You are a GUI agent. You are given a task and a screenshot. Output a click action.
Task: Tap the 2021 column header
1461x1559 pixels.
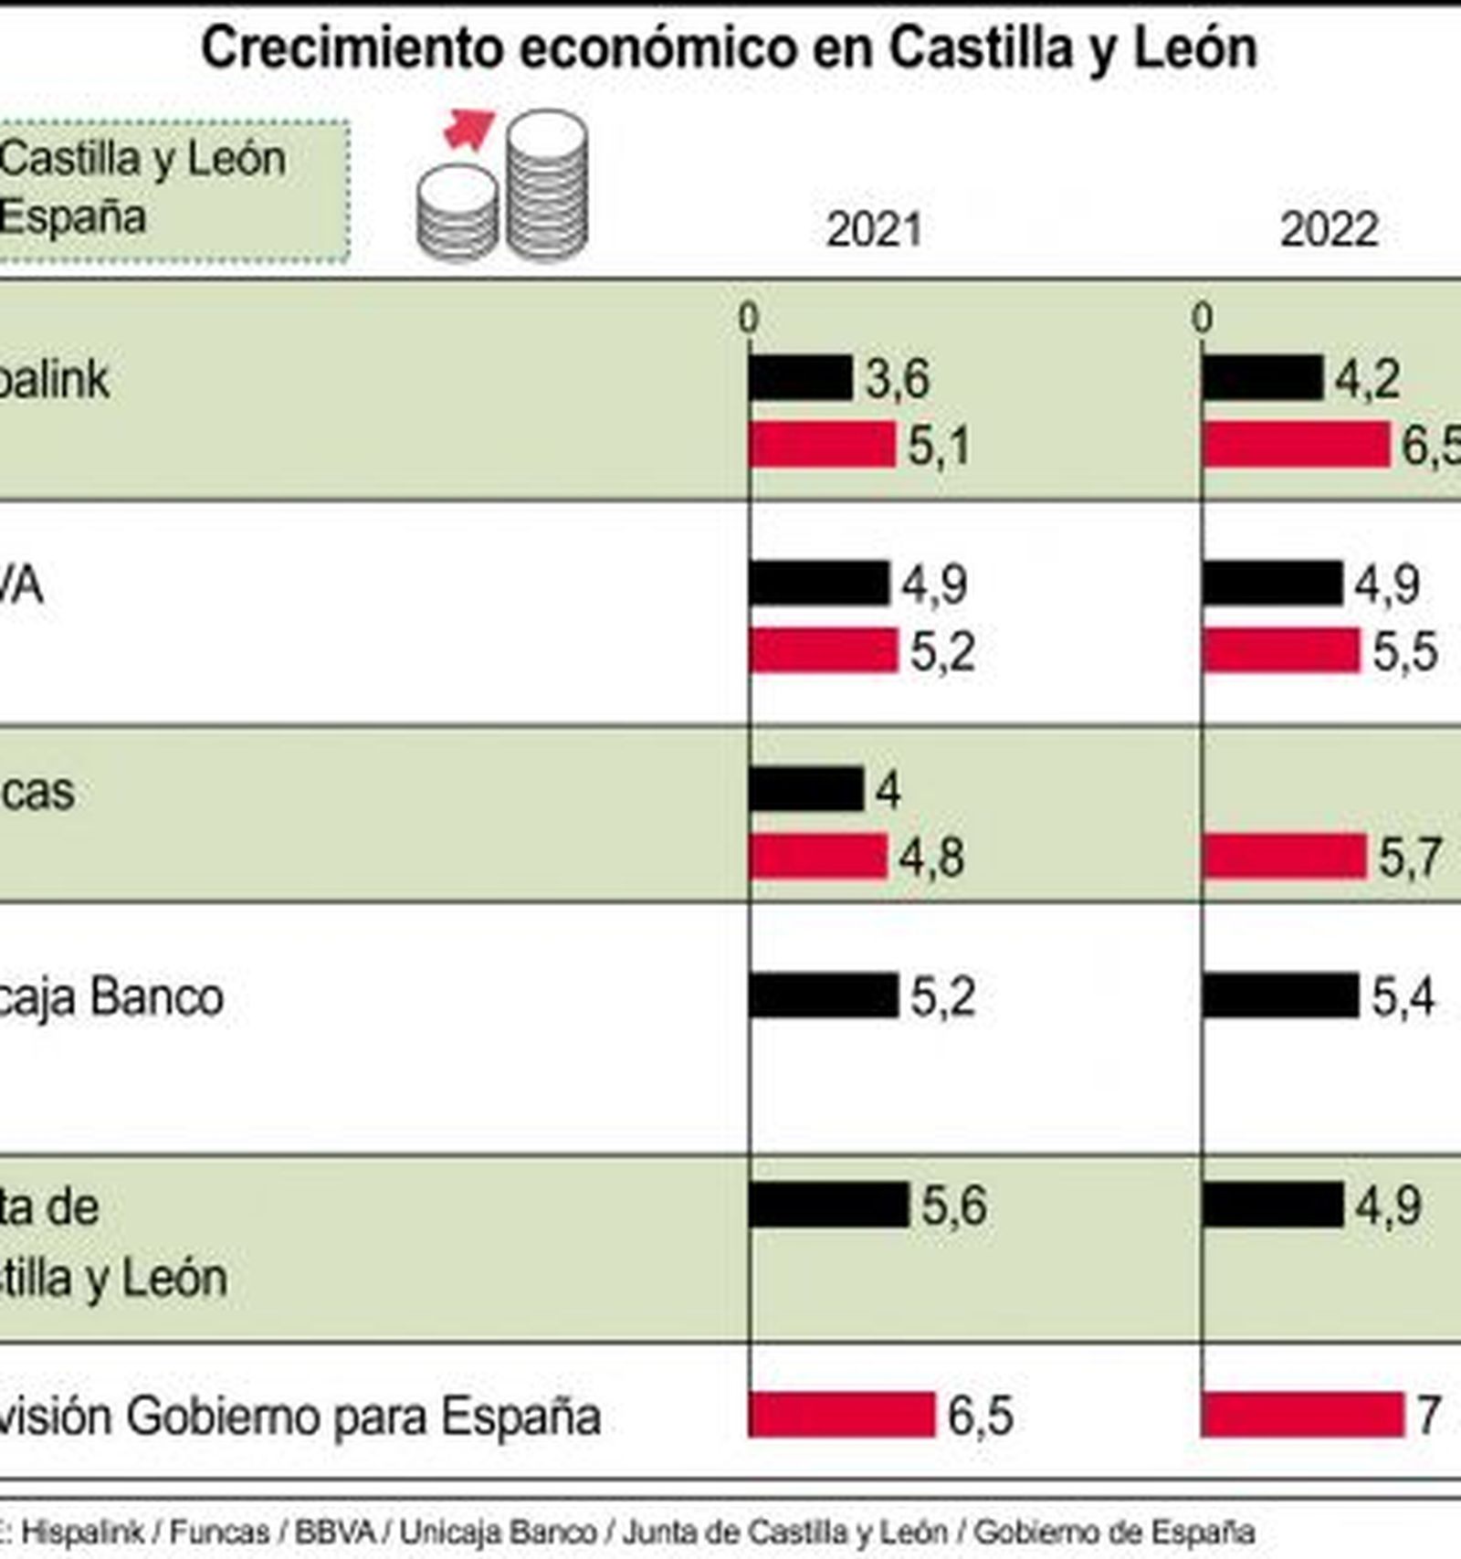(x=873, y=230)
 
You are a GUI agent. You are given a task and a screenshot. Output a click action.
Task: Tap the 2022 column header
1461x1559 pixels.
(x=1329, y=230)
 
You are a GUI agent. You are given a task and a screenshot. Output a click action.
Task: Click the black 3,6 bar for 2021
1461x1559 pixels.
(x=800, y=378)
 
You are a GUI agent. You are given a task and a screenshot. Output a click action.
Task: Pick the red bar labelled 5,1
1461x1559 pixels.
(x=822, y=446)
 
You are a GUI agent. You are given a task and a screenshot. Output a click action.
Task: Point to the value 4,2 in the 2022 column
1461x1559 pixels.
(x=1367, y=378)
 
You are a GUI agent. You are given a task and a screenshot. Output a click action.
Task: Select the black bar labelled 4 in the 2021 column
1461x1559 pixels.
(x=805, y=789)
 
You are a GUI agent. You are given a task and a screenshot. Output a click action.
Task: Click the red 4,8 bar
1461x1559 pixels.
(x=818, y=857)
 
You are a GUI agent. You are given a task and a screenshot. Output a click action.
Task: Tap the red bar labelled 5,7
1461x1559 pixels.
(x=1285, y=857)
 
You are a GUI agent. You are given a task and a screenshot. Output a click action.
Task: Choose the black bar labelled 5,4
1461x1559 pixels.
(x=1280, y=995)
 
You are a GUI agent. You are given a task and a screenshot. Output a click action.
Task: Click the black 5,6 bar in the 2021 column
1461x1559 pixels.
(x=828, y=1205)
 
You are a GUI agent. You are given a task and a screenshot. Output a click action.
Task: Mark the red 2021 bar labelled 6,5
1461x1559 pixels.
(x=842, y=1415)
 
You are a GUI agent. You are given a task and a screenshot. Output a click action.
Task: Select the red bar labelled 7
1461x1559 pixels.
(x=1303, y=1415)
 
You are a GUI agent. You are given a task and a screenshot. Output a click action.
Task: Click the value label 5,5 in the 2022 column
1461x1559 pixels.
(x=1405, y=651)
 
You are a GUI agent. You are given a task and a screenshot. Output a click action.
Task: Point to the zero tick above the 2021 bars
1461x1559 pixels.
(x=749, y=319)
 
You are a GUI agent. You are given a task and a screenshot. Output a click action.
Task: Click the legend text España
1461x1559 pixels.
(x=73, y=217)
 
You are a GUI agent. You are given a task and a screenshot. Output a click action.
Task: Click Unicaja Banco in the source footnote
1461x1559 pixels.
(x=499, y=1532)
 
